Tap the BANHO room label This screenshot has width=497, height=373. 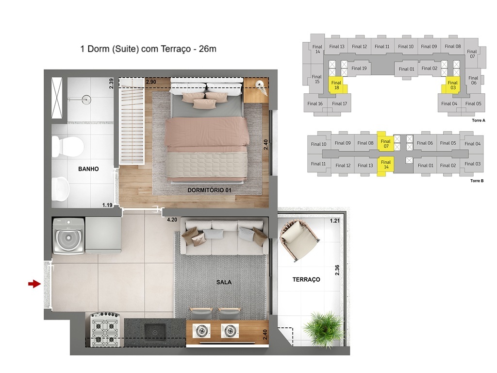tap(89, 169)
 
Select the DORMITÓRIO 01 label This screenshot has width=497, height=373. tap(209, 190)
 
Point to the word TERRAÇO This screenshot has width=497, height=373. tap(306, 279)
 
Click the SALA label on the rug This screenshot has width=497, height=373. tap(224, 282)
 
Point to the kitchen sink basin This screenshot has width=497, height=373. tap(155, 332)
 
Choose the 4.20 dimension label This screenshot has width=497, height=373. tap(171, 220)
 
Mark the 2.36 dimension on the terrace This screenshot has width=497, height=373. tap(337, 270)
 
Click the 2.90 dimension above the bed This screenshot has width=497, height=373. tap(151, 82)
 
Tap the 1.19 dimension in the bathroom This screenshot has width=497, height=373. tap(107, 205)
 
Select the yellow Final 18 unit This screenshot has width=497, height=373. tap(336, 85)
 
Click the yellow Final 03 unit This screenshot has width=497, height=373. tap(452, 85)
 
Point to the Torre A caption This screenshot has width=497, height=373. tap(478, 120)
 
